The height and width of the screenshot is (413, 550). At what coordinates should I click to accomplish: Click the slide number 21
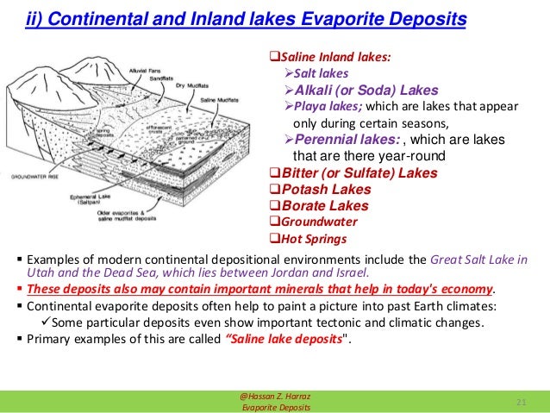(x=520, y=402)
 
